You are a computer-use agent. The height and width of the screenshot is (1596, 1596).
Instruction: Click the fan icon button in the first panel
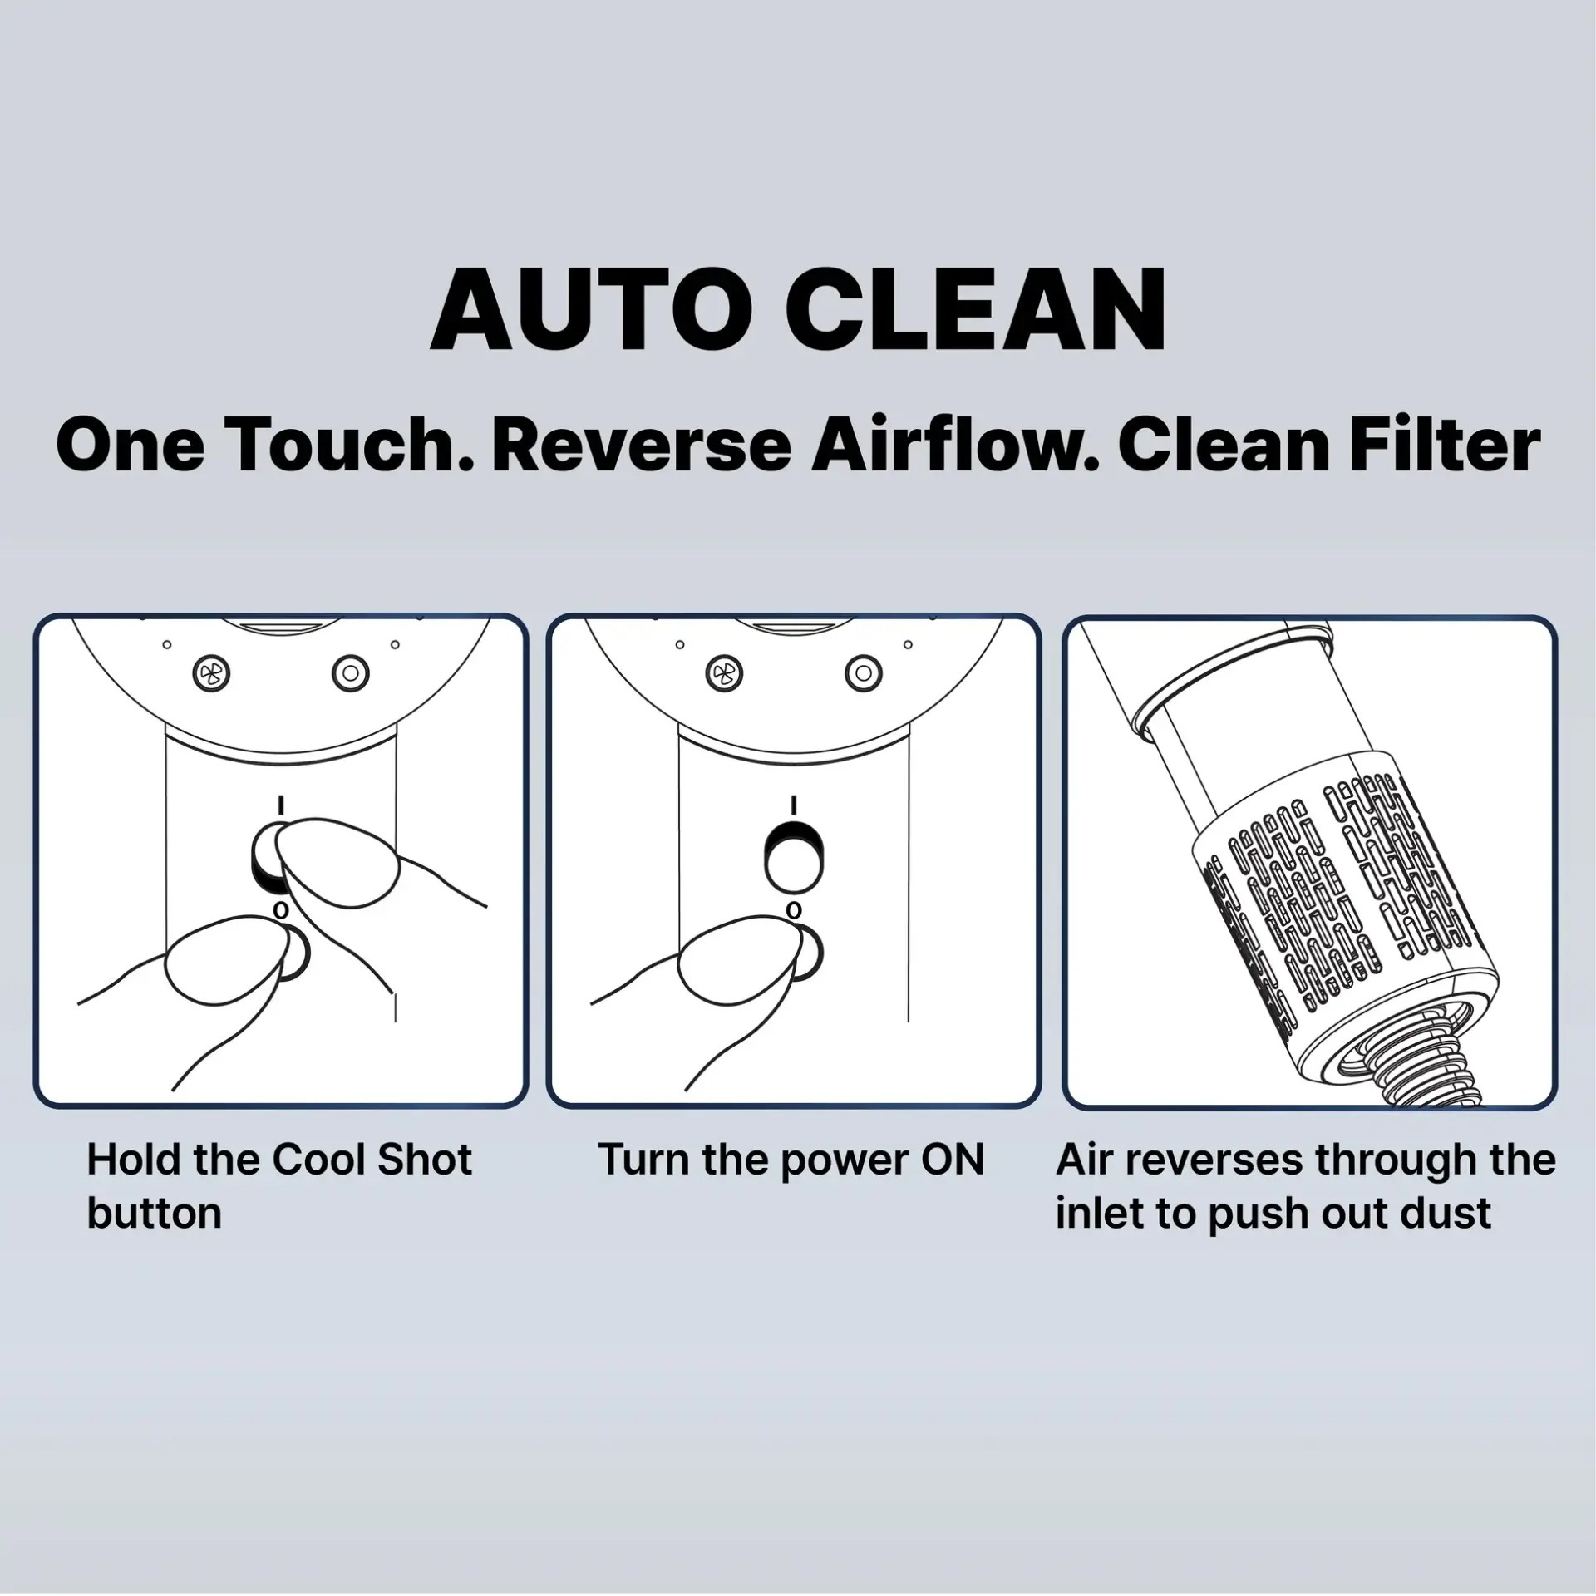tap(211, 672)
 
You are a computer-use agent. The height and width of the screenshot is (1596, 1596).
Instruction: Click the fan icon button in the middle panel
tap(725, 672)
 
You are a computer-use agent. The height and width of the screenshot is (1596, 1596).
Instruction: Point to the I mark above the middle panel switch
tap(794, 805)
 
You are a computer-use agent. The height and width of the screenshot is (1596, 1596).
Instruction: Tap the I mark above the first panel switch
tap(281, 805)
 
